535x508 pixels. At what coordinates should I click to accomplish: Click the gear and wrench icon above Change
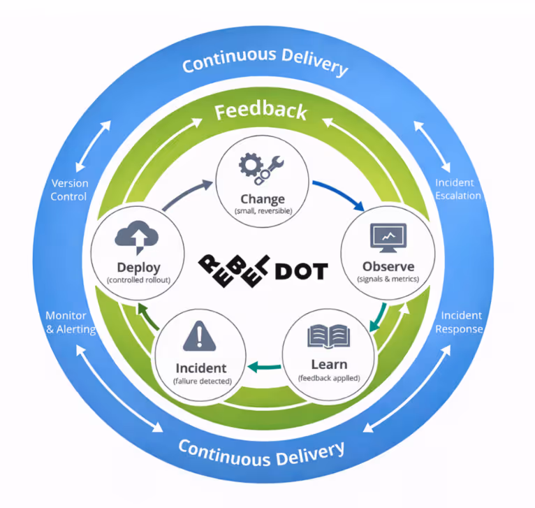[261, 168]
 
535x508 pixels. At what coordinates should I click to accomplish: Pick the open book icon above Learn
[328, 338]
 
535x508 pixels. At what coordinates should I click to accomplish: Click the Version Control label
[70, 190]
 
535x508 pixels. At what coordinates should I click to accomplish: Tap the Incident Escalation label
[458, 189]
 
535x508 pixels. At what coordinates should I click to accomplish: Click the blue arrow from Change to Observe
[338, 194]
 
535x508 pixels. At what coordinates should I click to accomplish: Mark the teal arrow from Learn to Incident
[265, 366]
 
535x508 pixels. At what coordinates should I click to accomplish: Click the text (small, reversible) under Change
[261, 210]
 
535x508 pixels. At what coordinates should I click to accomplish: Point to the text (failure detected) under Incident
[202, 381]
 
